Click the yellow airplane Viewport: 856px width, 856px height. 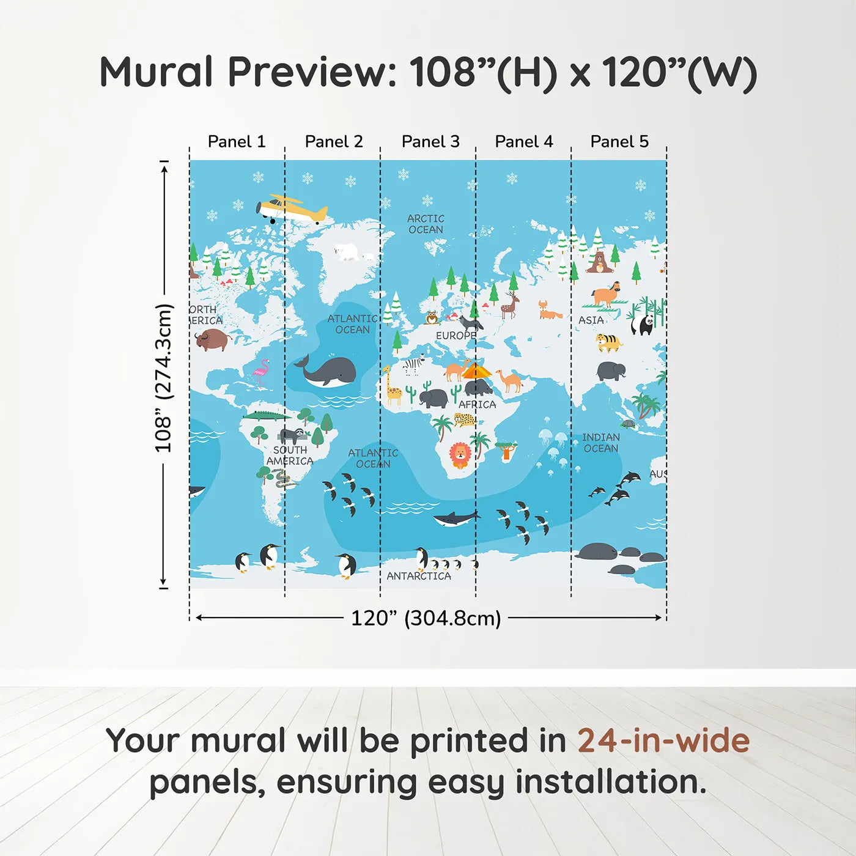(x=292, y=209)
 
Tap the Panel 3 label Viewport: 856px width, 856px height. (x=430, y=142)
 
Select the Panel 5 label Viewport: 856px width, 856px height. (x=619, y=142)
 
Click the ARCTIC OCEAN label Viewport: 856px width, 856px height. (x=426, y=224)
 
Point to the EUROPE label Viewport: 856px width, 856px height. (x=456, y=336)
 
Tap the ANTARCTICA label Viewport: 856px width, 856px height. (x=419, y=576)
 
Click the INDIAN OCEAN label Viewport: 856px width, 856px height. (x=600, y=443)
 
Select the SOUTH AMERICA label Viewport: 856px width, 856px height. (x=290, y=456)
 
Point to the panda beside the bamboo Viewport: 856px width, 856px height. (x=642, y=323)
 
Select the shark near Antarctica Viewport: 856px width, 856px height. (x=456, y=519)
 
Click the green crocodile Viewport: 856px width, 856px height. (x=267, y=416)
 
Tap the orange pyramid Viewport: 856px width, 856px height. (x=476, y=371)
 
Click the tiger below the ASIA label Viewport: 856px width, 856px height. (x=609, y=342)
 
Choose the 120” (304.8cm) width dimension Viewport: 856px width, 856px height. (x=426, y=618)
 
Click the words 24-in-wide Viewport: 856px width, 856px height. (x=663, y=741)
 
